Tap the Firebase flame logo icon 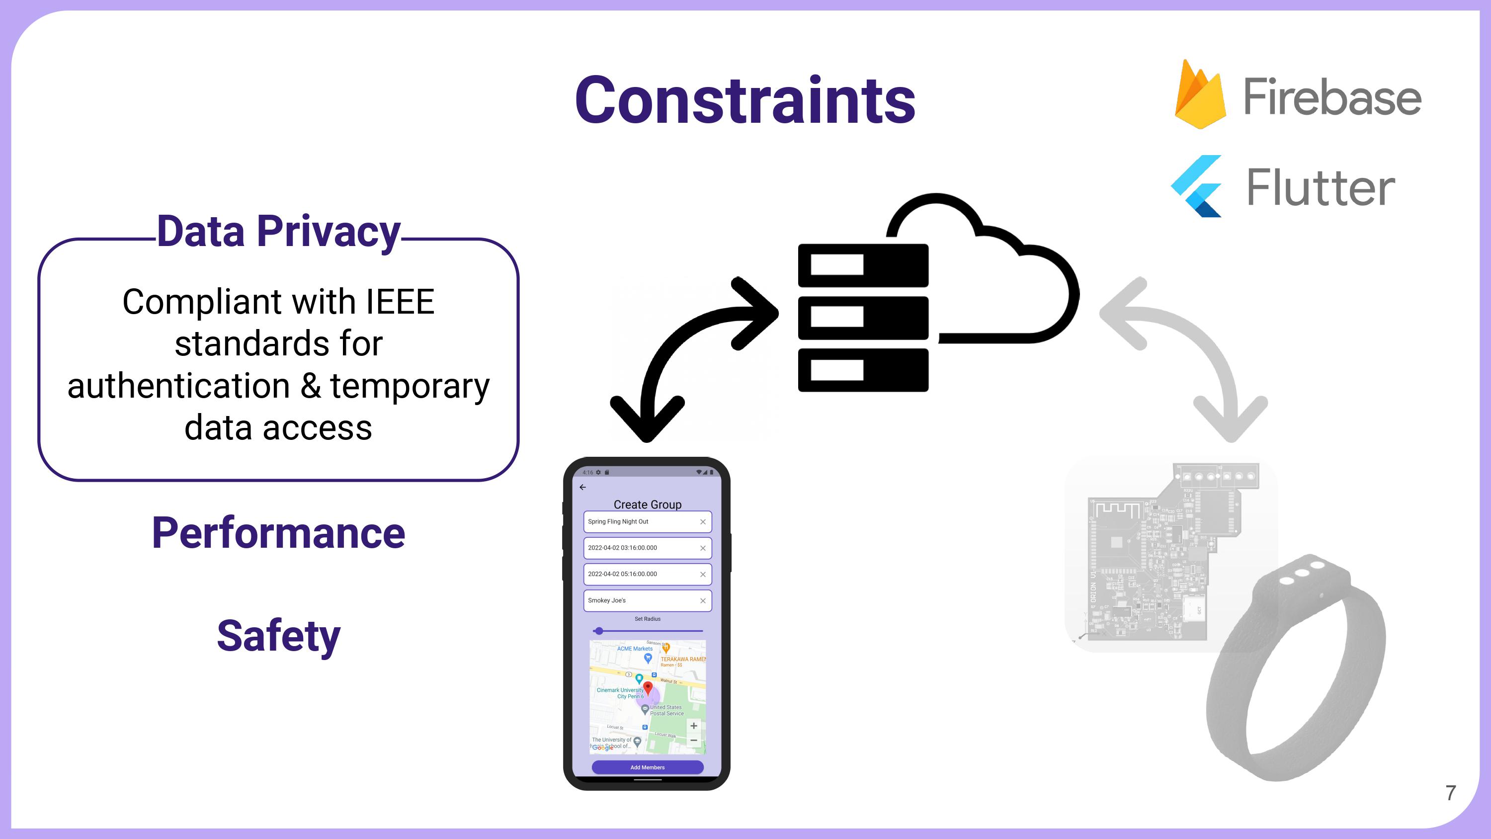coord(1200,95)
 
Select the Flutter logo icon coord(1197,186)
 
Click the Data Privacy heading coord(278,231)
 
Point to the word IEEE coord(400,302)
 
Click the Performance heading coord(278,533)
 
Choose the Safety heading coord(278,636)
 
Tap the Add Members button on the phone coord(647,767)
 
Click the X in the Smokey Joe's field coord(703,601)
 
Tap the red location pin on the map coord(648,688)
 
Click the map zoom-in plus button coord(693,726)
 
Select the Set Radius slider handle coord(599,631)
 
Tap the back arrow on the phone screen coord(583,488)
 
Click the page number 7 coord(1450,793)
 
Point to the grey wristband coord(1297,671)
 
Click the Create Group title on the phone coord(647,504)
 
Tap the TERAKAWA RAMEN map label coord(683,659)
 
